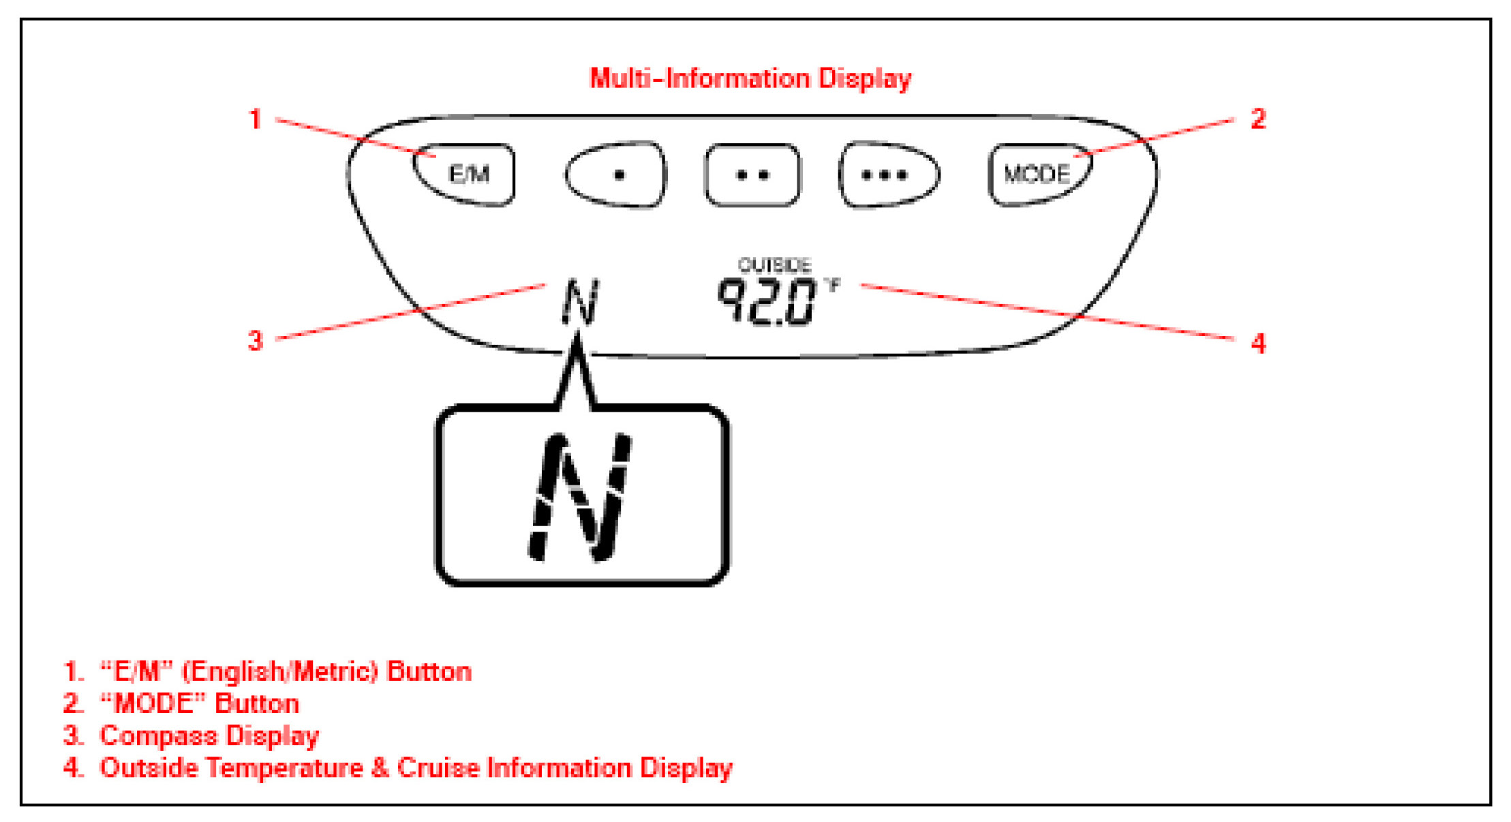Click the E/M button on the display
pyautogui.click(x=468, y=174)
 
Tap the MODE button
pyautogui.click(x=1037, y=174)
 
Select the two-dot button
pyautogui.click(x=752, y=175)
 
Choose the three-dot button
pyautogui.click(x=887, y=175)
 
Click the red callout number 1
pyautogui.click(x=256, y=120)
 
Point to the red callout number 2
pyautogui.click(x=1258, y=119)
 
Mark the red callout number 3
pyautogui.click(x=255, y=340)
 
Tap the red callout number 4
pyautogui.click(x=1258, y=344)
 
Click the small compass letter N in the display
pyautogui.click(x=580, y=301)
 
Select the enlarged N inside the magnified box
pyautogui.click(x=581, y=498)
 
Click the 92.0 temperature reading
pyautogui.click(x=766, y=301)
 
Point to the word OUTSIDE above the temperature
pyautogui.click(x=774, y=264)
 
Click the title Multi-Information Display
pyautogui.click(x=750, y=78)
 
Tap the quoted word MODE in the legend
pyautogui.click(x=153, y=704)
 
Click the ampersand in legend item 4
pyautogui.click(x=380, y=768)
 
